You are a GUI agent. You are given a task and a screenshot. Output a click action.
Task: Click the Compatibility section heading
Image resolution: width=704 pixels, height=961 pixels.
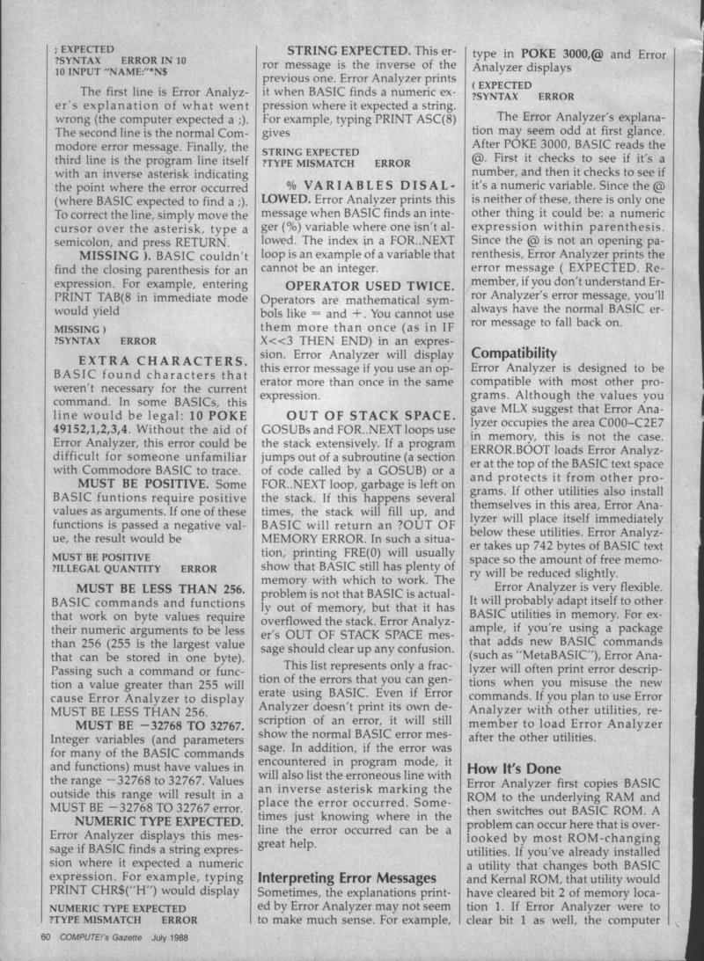[x=513, y=353]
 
